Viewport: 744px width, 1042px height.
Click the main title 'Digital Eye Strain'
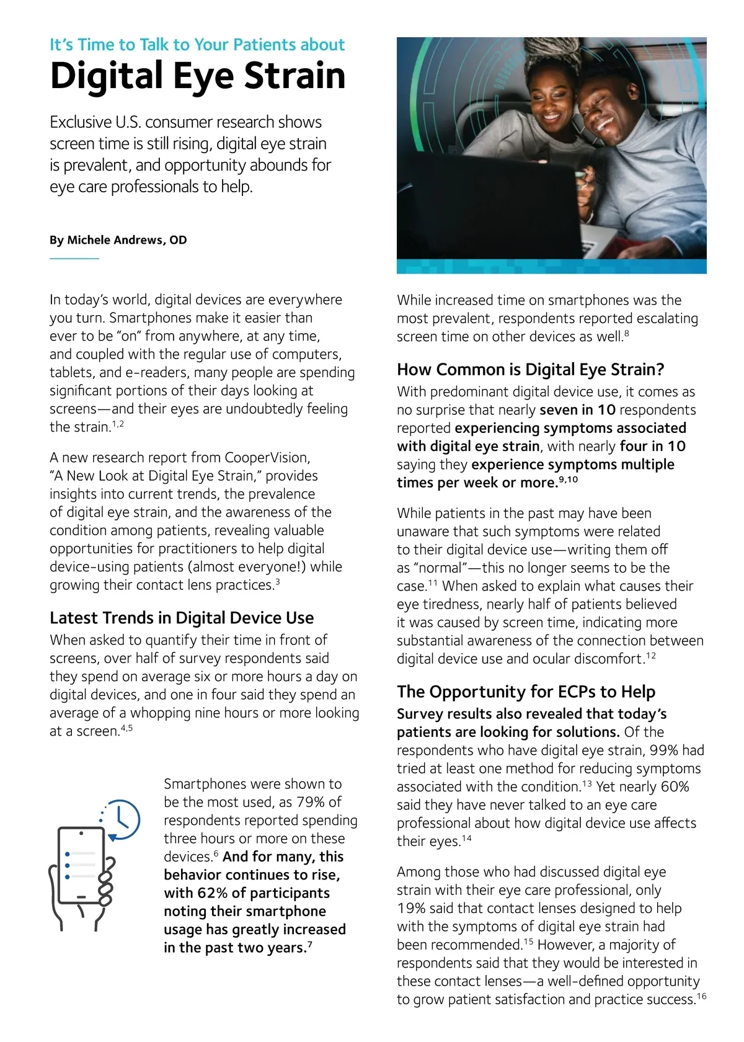pyautogui.click(x=197, y=76)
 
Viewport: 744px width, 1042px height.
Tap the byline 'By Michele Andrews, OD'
pyautogui.click(x=118, y=240)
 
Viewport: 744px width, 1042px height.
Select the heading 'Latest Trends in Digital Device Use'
pyautogui.click(x=182, y=618)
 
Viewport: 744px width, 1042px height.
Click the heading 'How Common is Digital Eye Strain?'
pyautogui.click(x=530, y=370)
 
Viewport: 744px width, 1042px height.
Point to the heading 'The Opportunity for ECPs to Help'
pyautogui.click(x=526, y=692)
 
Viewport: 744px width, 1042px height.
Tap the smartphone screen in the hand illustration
pyautogui.click(x=81, y=865)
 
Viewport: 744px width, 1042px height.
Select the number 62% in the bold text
pyautogui.click(x=213, y=893)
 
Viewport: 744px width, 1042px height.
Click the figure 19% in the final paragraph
pyautogui.click(x=410, y=909)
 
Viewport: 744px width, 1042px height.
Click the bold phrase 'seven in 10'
pyautogui.click(x=577, y=410)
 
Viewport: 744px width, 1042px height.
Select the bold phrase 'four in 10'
pyautogui.click(x=652, y=447)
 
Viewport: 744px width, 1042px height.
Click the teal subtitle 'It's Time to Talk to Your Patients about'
pyautogui.click(x=197, y=45)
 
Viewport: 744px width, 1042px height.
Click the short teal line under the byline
pyautogui.click(x=74, y=258)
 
